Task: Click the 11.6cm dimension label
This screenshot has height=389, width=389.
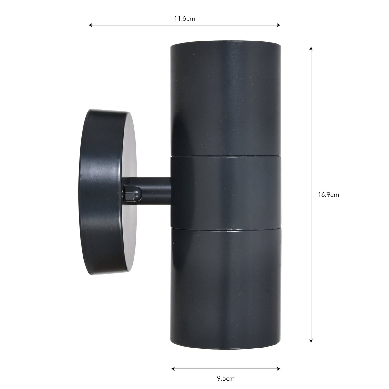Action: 184,18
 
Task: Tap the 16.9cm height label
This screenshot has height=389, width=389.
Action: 328,195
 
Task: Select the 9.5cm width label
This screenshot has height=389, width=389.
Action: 226,378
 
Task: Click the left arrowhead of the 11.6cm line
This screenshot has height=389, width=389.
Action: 90,25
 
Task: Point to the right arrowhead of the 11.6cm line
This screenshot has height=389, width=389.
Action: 279,25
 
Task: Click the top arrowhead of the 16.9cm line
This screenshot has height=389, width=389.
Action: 311,48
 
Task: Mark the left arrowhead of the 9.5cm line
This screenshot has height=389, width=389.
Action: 173,369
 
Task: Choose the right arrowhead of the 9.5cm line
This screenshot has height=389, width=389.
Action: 279,369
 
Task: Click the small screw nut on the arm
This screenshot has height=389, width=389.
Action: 128,194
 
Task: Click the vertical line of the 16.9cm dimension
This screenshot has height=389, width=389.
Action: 311,130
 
